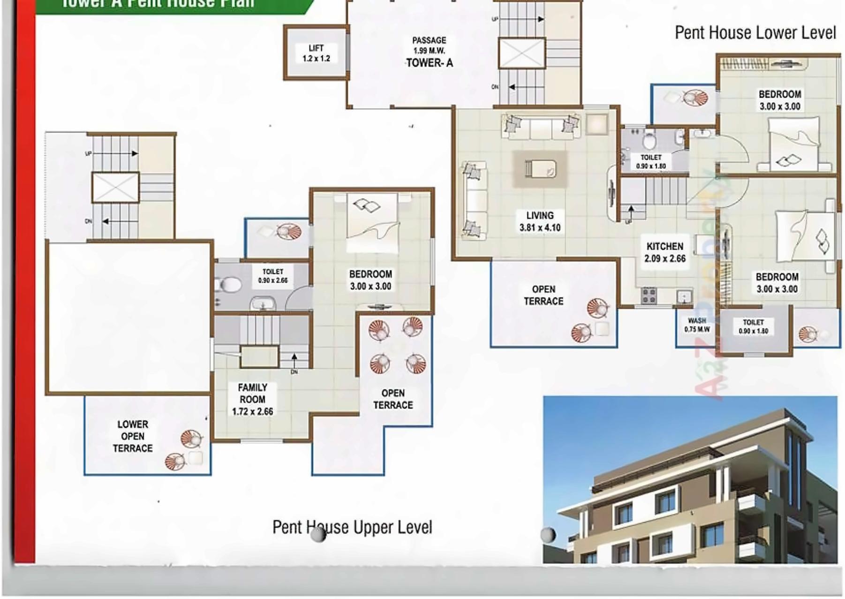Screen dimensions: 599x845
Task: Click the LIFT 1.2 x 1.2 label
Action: tap(316, 53)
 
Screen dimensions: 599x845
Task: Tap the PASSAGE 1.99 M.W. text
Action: tap(429, 45)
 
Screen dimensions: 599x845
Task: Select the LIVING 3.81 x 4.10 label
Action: tap(540, 221)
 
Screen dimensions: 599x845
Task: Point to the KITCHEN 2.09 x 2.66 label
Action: tap(664, 252)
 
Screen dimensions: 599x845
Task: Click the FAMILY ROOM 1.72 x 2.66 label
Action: tap(252, 399)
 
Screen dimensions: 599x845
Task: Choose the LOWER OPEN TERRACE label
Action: tap(133, 436)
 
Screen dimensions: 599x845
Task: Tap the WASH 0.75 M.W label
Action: tap(697, 325)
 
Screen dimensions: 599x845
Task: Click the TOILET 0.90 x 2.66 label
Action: tap(273, 276)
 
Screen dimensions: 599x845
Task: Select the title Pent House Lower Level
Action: tap(755, 33)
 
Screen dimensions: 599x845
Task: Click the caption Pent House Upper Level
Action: tap(352, 527)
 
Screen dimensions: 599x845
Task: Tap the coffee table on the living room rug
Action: tap(540, 168)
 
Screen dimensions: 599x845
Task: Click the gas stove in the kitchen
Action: tap(649, 296)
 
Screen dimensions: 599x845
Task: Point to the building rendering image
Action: tap(689, 479)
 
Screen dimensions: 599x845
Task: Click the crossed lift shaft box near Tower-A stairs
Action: tap(521, 53)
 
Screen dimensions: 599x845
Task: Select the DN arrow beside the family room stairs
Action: tap(294, 360)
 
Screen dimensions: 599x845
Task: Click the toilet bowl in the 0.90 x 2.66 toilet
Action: tap(229, 285)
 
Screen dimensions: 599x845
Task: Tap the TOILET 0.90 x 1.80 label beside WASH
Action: tap(753, 326)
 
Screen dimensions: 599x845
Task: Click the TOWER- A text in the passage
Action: tap(429, 63)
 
